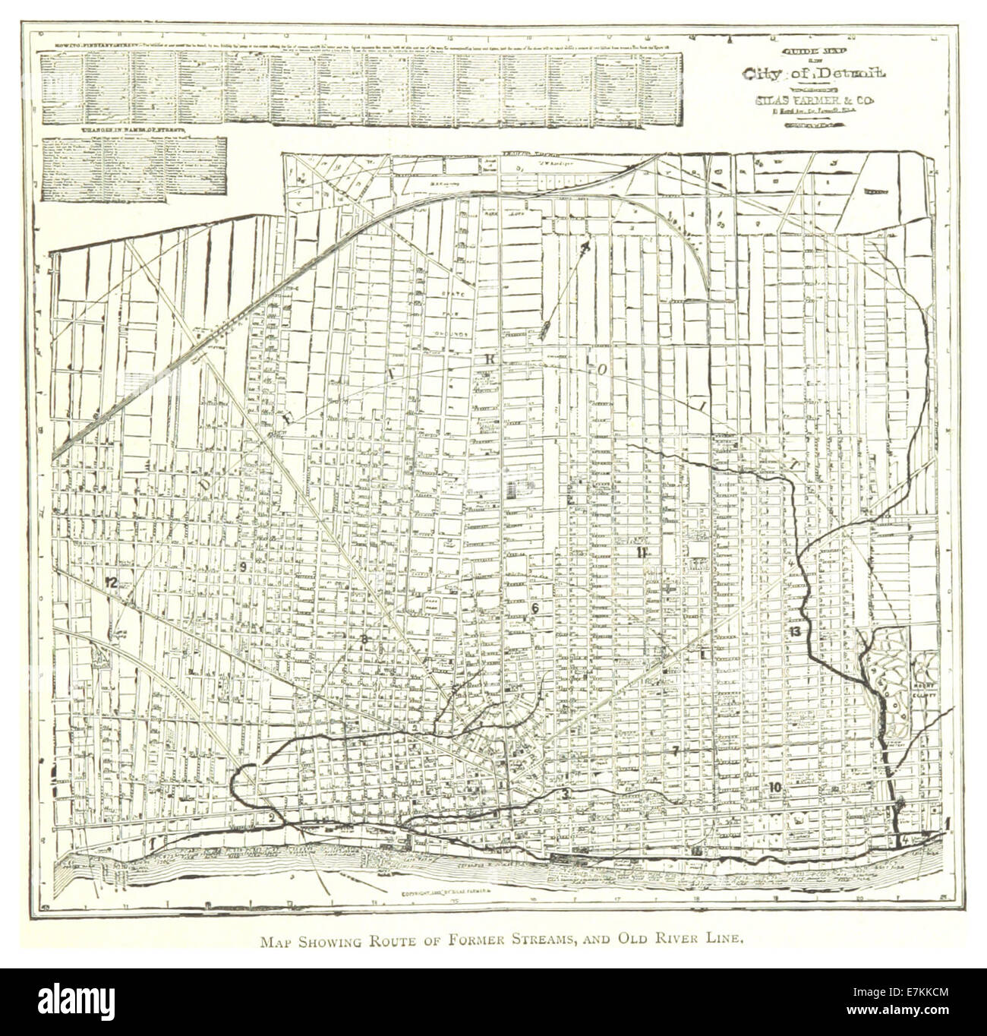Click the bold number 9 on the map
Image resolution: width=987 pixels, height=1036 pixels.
click(x=244, y=567)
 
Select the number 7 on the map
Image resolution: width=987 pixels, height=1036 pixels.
click(x=674, y=750)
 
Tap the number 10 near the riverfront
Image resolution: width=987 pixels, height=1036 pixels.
click(x=774, y=787)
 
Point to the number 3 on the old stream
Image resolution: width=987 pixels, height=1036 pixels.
click(x=566, y=794)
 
